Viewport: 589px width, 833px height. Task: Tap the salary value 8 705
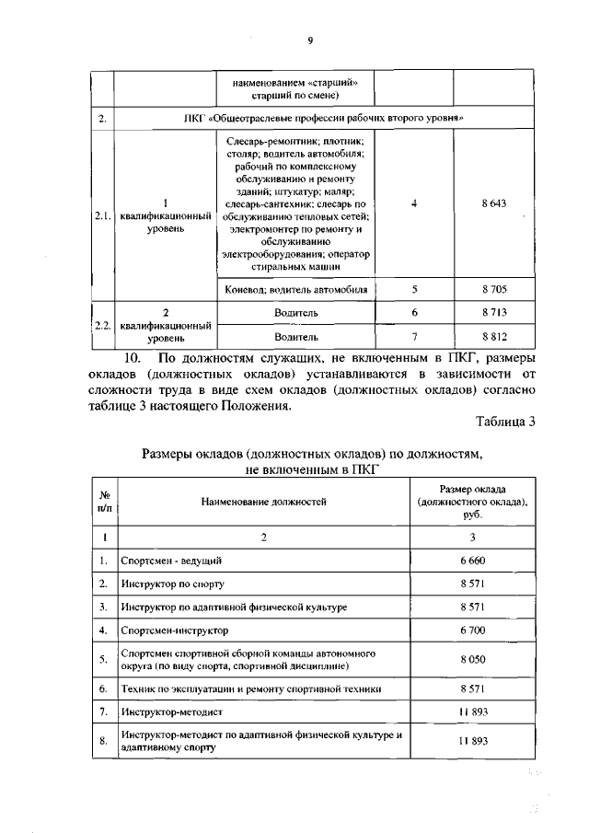493,289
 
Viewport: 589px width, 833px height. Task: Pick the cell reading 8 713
493,313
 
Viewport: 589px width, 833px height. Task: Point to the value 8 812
493,337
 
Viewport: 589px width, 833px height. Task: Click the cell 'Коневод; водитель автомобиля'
295,289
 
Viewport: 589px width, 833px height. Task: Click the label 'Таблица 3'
505,422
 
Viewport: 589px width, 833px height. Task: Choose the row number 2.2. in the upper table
101,325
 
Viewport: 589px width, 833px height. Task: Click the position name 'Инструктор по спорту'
172,584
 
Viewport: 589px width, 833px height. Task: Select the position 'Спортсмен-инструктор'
174,631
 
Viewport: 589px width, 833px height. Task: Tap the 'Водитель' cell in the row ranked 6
295,313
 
